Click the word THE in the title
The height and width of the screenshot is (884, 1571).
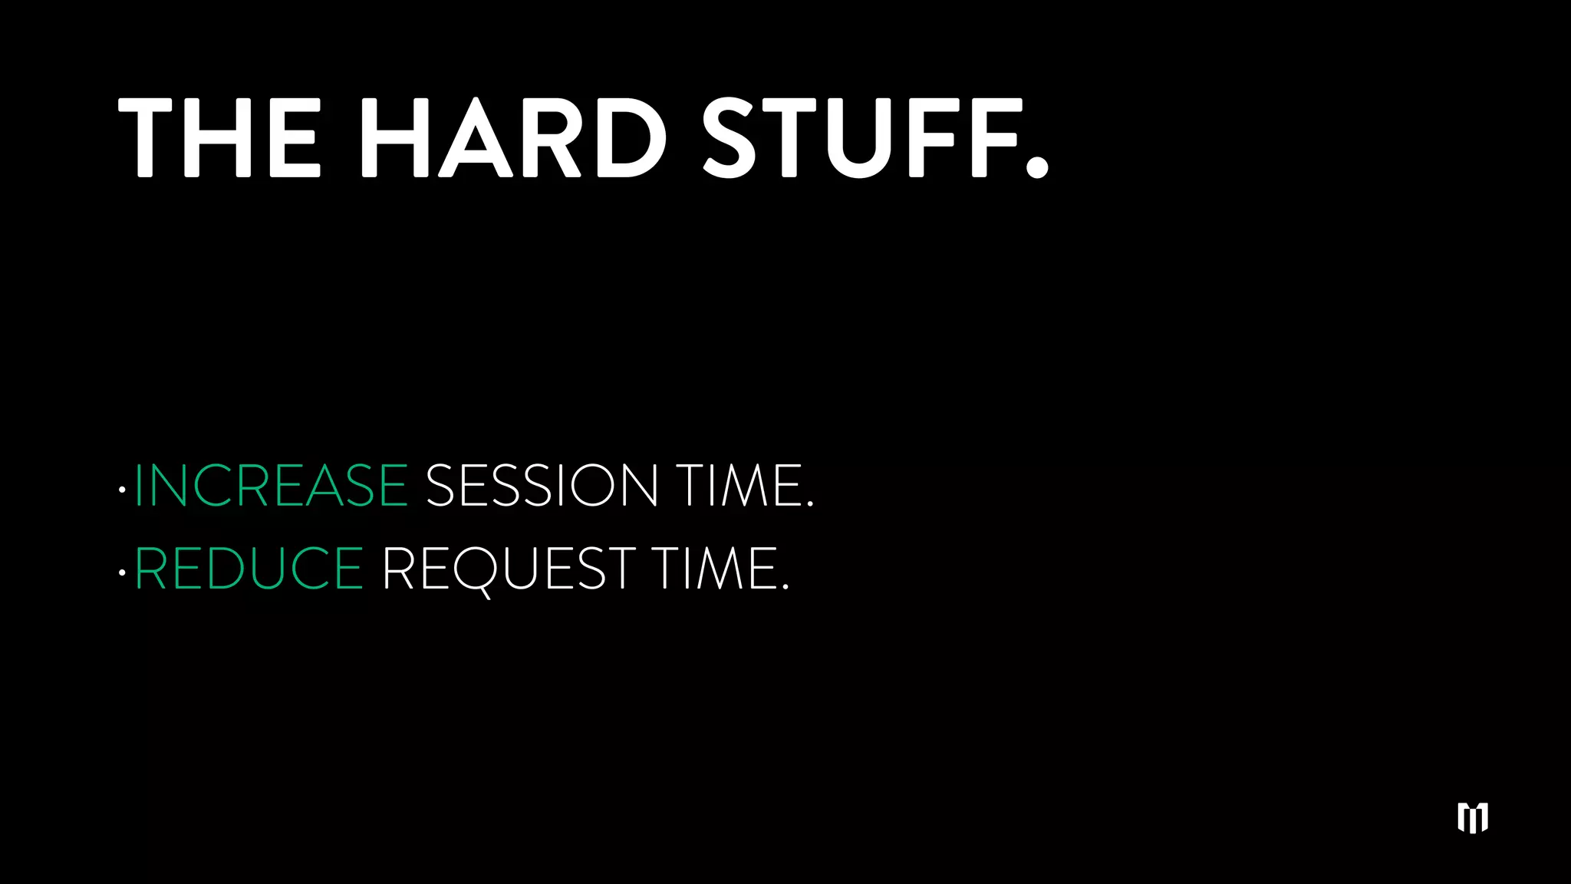[219, 138]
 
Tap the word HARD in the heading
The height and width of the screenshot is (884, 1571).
[513, 138]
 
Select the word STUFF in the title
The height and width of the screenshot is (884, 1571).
[860, 138]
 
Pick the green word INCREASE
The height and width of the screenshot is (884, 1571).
[271, 485]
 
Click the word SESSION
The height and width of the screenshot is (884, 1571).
[542, 485]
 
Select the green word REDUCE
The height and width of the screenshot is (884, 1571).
[249, 569]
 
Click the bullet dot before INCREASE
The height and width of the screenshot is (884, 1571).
[122, 489]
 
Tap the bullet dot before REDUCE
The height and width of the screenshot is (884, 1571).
[122, 572]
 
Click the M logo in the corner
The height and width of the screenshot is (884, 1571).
[1473, 818]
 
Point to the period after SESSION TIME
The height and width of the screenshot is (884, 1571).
[810, 505]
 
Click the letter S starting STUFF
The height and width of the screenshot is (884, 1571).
[730, 138]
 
